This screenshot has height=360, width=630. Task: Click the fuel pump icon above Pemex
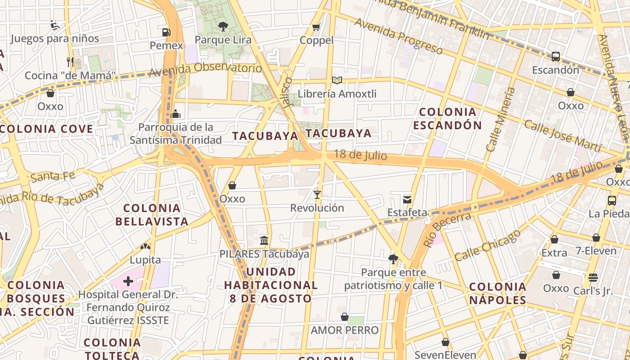tap(166, 32)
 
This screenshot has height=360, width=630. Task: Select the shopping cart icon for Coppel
tap(316, 27)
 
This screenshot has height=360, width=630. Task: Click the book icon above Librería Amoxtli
tap(337, 81)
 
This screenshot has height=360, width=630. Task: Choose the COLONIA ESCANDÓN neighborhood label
tap(447, 118)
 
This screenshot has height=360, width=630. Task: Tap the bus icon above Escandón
tap(556, 57)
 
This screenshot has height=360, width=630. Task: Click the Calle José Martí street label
tap(562, 135)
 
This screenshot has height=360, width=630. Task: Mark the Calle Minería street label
tap(500, 119)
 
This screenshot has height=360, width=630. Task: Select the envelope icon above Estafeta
tap(407, 199)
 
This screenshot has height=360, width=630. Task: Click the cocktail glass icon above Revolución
tap(317, 195)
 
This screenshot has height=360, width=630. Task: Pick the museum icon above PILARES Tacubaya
tap(264, 240)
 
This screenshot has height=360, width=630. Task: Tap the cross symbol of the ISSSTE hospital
tap(128, 282)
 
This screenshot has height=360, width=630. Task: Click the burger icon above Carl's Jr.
tap(593, 277)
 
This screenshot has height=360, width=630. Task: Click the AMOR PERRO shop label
tap(345, 330)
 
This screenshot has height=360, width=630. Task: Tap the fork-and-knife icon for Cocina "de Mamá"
tap(70, 62)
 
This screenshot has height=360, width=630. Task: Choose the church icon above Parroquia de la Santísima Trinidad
tap(176, 114)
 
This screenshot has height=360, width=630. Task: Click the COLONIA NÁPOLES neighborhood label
tap(498, 293)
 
